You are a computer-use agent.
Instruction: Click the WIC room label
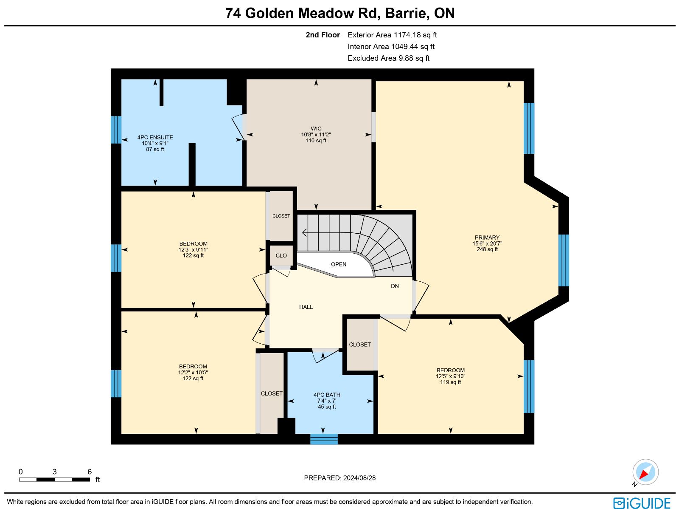pyautogui.click(x=316, y=128)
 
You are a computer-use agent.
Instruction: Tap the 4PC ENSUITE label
pyautogui.click(x=155, y=137)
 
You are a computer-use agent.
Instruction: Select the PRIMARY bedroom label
pyautogui.click(x=487, y=238)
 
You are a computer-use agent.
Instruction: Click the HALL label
pyautogui.click(x=306, y=307)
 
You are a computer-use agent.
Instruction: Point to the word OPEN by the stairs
pyautogui.click(x=338, y=264)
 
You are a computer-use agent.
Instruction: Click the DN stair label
pyautogui.click(x=395, y=286)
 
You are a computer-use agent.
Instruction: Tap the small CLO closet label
pyautogui.click(x=281, y=255)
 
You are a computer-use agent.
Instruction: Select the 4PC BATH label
pyautogui.click(x=327, y=395)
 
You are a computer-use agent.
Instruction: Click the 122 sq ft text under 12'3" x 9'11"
pyautogui.click(x=193, y=255)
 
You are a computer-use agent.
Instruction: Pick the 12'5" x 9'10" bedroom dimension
pyautogui.click(x=450, y=376)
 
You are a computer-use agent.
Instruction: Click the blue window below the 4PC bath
pyautogui.click(x=324, y=439)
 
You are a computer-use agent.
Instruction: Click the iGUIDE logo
pyautogui.click(x=642, y=503)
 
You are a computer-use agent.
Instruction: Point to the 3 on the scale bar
pyautogui.click(x=54, y=472)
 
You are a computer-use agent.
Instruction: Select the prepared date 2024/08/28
pyautogui.click(x=359, y=478)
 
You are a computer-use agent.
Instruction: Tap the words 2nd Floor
pyautogui.click(x=323, y=35)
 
